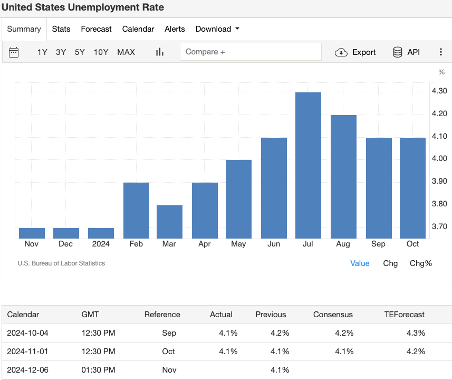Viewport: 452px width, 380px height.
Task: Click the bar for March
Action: click(x=169, y=222)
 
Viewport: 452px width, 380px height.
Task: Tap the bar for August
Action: click(x=343, y=176)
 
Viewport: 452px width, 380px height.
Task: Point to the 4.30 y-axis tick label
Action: click(x=439, y=91)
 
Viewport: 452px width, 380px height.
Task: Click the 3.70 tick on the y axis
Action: click(x=439, y=226)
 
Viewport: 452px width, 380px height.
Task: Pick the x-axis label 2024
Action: click(x=101, y=244)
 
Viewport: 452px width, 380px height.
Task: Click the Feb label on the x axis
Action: click(x=136, y=244)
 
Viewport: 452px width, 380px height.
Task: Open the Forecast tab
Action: click(x=96, y=29)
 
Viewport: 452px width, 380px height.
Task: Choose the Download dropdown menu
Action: click(x=217, y=29)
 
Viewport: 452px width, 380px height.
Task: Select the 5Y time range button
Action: click(x=80, y=52)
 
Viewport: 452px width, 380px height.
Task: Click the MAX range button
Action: click(x=126, y=52)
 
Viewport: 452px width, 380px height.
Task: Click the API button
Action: click(x=406, y=52)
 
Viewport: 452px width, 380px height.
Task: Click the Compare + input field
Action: click(x=251, y=52)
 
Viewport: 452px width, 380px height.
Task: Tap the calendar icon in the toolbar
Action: click(x=14, y=52)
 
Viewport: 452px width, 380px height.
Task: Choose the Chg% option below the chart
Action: click(x=420, y=263)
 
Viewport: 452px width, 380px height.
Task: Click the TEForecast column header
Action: click(x=404, y=314)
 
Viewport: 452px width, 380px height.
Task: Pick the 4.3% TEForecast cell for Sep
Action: click(x=416, y=333)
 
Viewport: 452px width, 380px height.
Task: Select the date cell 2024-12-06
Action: click(x=27, y=370)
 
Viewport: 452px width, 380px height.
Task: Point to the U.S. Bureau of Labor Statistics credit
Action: click(x=61, y=263)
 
